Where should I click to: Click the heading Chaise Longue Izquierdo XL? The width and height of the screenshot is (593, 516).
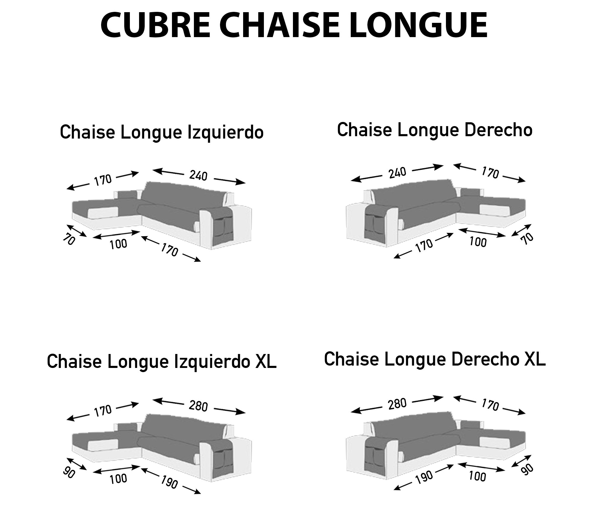click(x=162, y=362)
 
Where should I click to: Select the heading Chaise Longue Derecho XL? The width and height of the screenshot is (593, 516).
click(x=435, y=359)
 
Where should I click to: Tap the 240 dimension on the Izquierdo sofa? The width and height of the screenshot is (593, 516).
click(x=198, y=176)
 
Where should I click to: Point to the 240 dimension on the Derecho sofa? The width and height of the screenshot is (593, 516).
click(x=397, y=173)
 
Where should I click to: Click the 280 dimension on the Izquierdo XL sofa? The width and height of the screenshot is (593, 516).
click(x=198, y=406)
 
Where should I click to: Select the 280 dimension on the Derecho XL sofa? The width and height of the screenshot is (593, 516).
click(x=397, y=404)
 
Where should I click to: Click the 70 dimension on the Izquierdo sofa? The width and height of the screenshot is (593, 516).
click(x=68, y=239)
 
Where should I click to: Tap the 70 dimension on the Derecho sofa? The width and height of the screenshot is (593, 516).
click(x=527, y=239)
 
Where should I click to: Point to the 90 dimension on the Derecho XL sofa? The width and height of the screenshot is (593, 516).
click(x=527, y=470)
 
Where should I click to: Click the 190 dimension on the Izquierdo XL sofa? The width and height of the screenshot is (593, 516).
click(x=169, y=482)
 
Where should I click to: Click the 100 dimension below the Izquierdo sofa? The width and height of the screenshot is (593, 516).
click(x=118, y=244)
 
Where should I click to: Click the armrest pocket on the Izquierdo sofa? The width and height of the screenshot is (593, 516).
click(x=223, y=228)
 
